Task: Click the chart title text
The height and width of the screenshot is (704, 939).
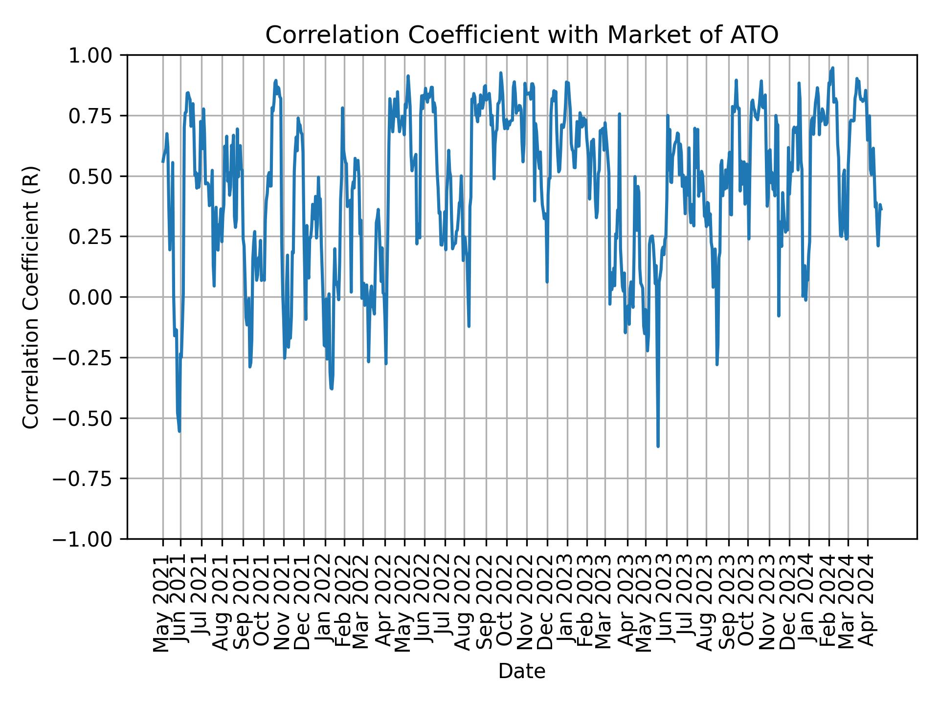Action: coord(521,35)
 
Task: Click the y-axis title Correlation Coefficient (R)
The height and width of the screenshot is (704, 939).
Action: coord(31,297)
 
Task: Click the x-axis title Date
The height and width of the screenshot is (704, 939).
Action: coord(521,672)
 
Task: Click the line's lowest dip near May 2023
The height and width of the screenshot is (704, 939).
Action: coord(658,446)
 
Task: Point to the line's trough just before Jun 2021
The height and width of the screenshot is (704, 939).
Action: coord(179,431)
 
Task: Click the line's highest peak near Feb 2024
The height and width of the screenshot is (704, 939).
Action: coord(833,68)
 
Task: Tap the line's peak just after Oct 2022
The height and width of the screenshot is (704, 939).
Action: coord(500,73)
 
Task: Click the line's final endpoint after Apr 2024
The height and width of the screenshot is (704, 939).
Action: coord(881,210)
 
